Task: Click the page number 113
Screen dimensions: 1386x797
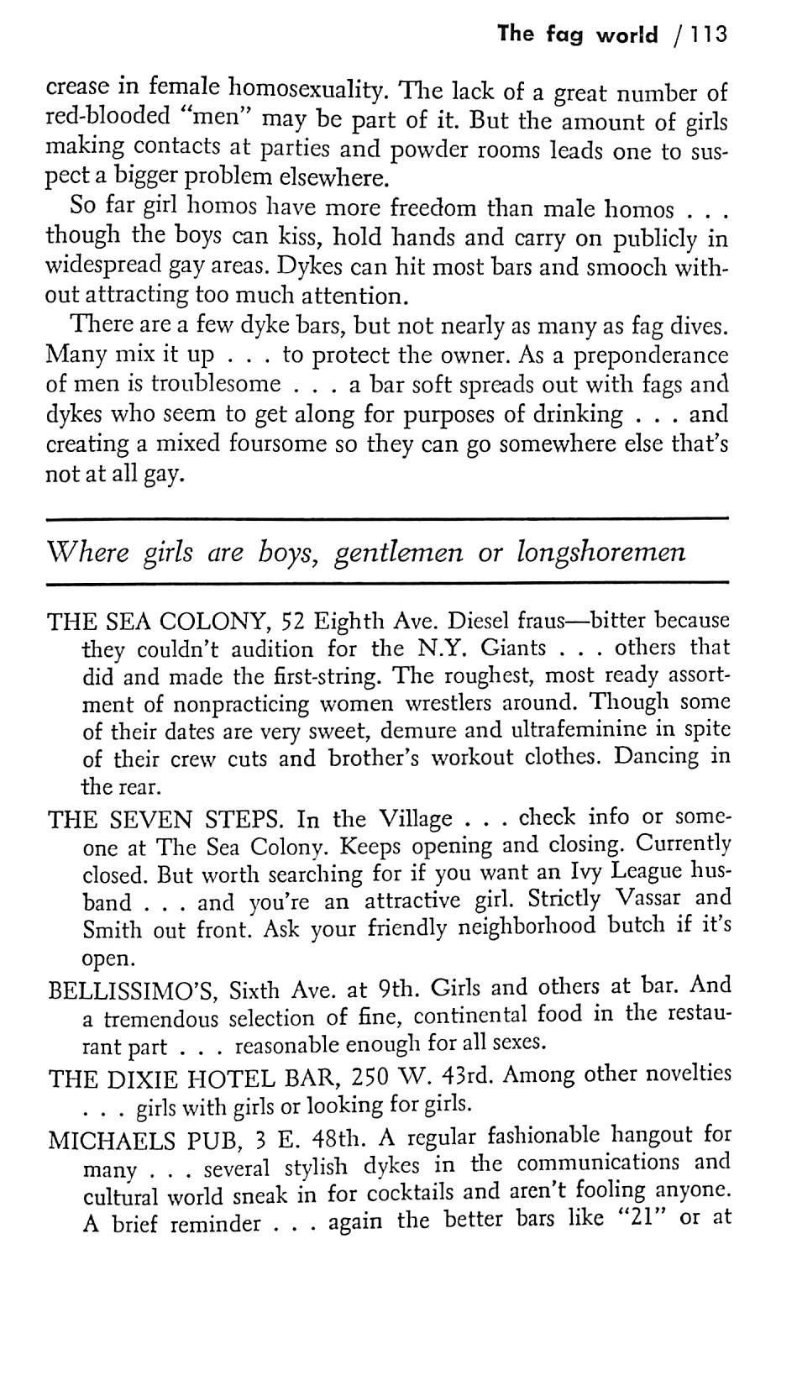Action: tap(705, 34)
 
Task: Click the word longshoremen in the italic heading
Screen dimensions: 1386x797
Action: tap(601, 553)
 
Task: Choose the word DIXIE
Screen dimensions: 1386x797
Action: tap(151, 1079)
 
